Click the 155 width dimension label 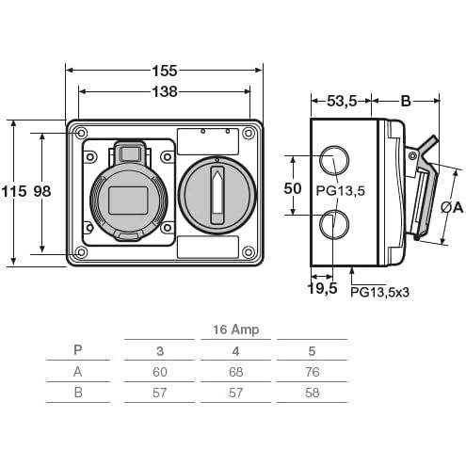(165, 71)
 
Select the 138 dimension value (165, 92)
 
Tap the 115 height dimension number (14, 191)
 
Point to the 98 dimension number (42, 191)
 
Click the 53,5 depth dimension (342, 101)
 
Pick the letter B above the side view (406, 102)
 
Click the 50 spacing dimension (293, 188)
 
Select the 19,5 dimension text (323, 288)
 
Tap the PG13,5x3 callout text (380, 293)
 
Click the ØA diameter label (452, 207)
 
